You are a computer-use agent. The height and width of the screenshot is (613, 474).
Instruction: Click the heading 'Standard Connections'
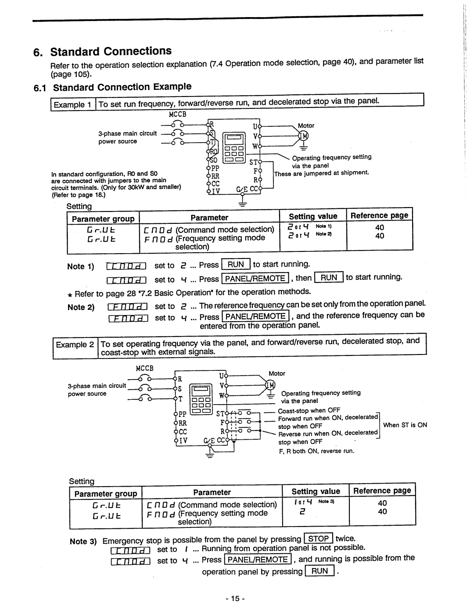click(111, 51)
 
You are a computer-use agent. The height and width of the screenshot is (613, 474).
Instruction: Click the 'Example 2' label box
click(75, 345)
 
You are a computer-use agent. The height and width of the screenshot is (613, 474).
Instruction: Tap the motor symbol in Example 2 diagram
click(270, 386)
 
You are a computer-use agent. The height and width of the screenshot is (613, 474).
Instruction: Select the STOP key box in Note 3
click(319, 539)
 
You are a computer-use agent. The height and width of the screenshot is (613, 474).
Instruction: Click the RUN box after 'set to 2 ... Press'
click(236, 265)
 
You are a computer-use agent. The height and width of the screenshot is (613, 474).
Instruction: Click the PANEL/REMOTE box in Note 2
click(255, 316)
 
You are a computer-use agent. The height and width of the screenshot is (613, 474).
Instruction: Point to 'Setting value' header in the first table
click(313, 216)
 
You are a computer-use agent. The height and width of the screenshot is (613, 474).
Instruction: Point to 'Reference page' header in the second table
click(382, 491)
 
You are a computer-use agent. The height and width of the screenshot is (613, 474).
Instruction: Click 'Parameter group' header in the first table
click(103, 219)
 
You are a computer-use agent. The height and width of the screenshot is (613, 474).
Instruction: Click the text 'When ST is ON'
click(405, 425)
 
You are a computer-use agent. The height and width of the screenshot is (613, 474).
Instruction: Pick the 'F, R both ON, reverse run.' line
click(316, 451)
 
